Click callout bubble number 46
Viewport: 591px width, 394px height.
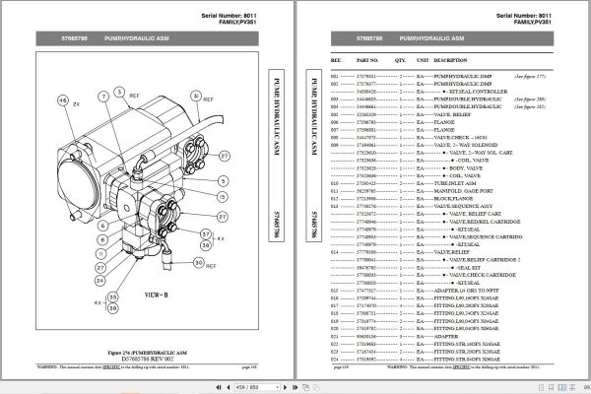tap(64, 101)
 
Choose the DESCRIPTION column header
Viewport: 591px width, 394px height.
tap(463, 59)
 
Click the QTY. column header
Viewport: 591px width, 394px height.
tap(403, 59)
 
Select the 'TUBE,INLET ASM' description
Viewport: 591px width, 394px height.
tap(470, 184)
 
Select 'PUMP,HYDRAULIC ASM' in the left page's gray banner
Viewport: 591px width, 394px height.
tap(134, 39)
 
